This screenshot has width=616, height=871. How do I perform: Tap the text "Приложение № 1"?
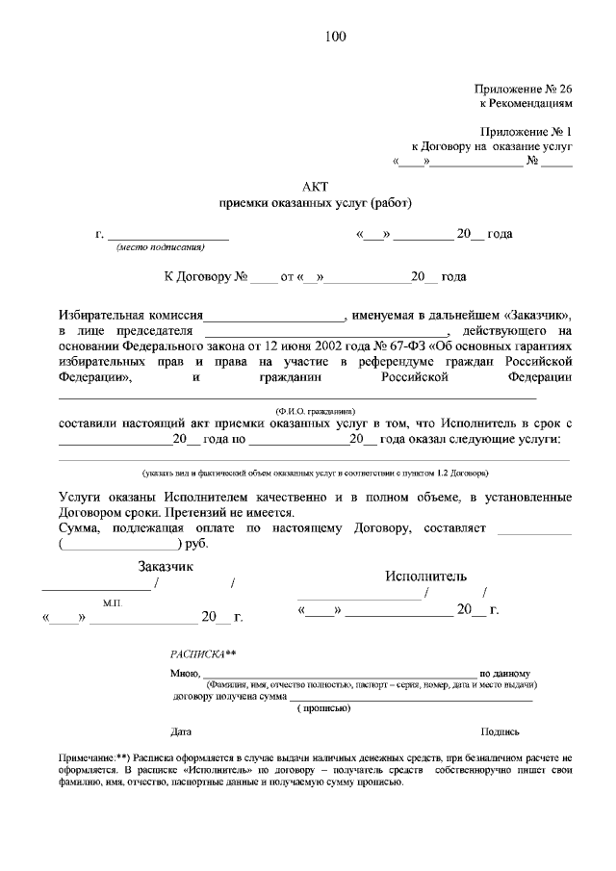[526, 131]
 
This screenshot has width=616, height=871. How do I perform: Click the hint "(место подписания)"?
[161, 247]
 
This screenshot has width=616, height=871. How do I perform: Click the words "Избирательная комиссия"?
[131, 315]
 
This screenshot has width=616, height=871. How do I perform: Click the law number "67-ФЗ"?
[408, 346]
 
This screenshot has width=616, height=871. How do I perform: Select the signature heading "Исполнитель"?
[426, 576]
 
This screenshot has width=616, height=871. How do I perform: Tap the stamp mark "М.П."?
[113, 602]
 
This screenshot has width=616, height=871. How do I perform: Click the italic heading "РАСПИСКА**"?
[202, 653]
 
